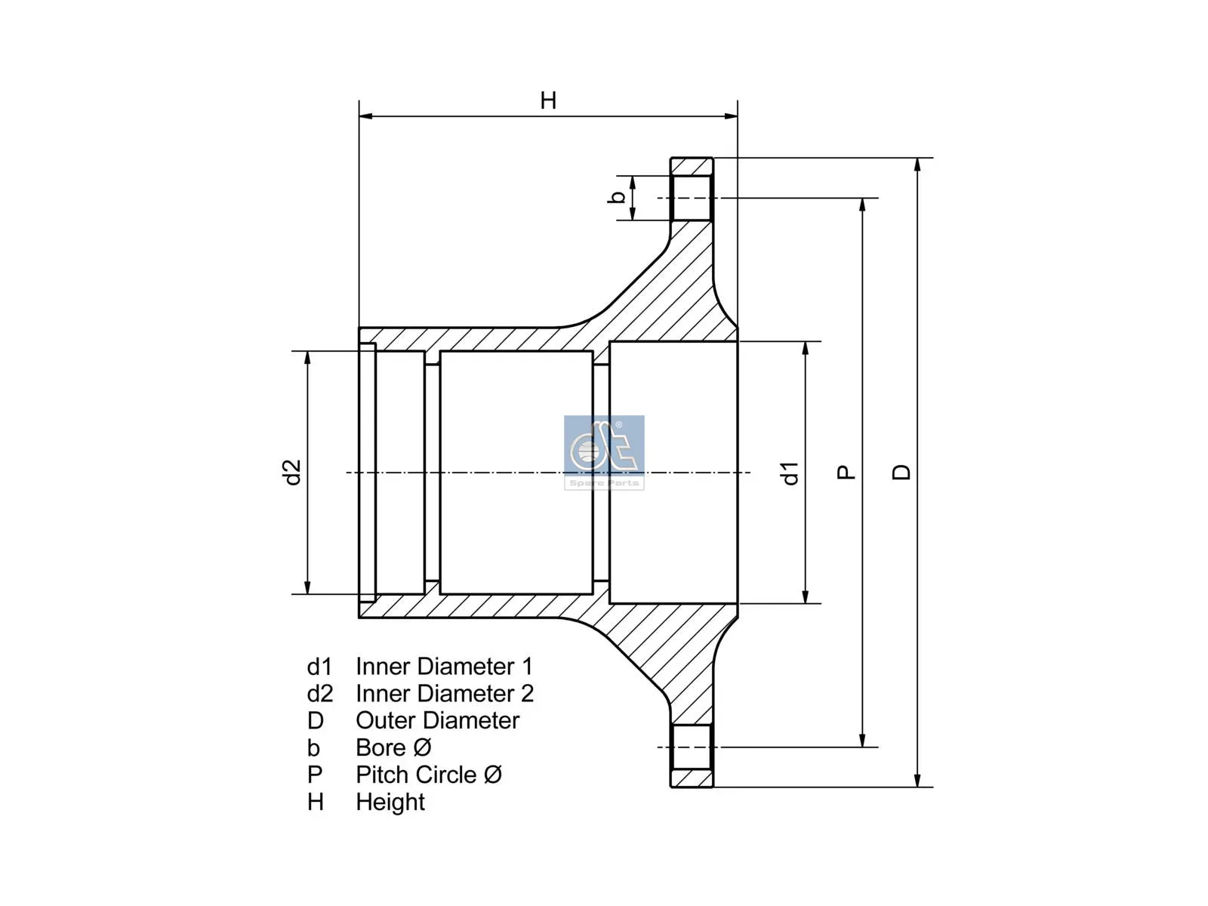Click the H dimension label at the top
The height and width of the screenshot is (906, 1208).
click(548, 100)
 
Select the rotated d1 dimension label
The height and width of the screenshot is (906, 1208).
click(790, 473)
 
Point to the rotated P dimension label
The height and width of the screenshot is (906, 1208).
click(846, 473)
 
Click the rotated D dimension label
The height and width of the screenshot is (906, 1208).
click(901, 473)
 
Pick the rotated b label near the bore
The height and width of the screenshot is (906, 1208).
click(617, 197)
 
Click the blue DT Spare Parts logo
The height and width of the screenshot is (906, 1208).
click(604, 451)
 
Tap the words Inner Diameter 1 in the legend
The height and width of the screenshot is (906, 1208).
click(444, 667)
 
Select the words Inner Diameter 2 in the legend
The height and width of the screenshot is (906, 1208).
click(445, 694)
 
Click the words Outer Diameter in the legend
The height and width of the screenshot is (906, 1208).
click(437, 721)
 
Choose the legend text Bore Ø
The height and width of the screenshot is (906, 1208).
click(393, 748)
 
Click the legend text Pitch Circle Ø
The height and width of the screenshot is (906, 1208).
click(429, 775)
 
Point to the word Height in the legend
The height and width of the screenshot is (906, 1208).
click(390, 803)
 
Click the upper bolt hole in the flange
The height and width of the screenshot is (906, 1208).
click(692, 198)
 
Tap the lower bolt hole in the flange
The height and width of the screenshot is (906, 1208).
click(692, 747)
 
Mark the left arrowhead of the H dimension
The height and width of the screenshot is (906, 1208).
click(365, 116)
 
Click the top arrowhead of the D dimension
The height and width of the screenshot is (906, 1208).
click(917, 165)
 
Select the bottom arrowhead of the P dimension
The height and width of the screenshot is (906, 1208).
click(863, 741)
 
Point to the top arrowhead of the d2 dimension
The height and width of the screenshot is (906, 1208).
click(307, 358)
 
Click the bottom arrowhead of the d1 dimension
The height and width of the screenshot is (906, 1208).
click(806, 596)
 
